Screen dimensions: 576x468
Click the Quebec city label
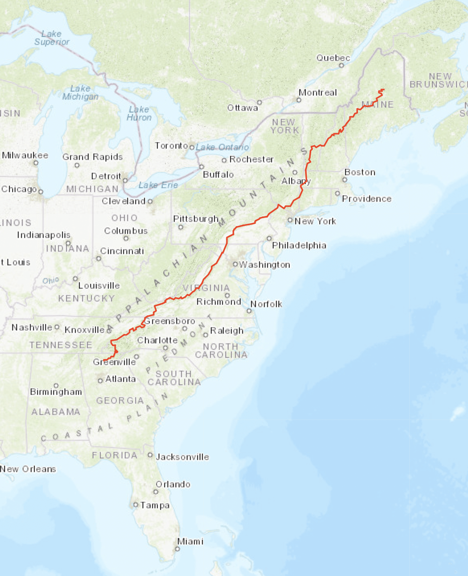tap(333, 58)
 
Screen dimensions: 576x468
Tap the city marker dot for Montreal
tap(299, 100)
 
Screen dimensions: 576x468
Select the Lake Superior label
tap(52, 38)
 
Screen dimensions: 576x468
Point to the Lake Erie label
tap(158, 185)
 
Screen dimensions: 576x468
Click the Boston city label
tap(360, 172)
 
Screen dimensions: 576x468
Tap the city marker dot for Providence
tap(337, 193)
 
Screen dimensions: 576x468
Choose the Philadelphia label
tap(299, 245)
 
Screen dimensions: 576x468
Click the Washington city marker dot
tap(236, 264)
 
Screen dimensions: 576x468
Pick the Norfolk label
tap(266, 304)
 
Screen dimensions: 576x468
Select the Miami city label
tap(190, 541)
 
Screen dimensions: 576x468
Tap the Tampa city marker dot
tap(136, 505)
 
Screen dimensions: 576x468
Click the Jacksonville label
tap(182, 457)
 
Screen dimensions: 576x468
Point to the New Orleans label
tap(28, 469)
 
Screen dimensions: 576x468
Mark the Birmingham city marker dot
tap(56, 385)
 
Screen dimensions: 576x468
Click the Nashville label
tap(32, 327)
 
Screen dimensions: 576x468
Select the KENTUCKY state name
tap(86, 298)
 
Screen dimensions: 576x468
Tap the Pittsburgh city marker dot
tap(181, 227)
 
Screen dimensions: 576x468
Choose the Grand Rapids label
tap(92, 157)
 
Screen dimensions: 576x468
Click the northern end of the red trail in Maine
tap(384, 89)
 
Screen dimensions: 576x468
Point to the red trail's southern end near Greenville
tap(104, 360)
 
